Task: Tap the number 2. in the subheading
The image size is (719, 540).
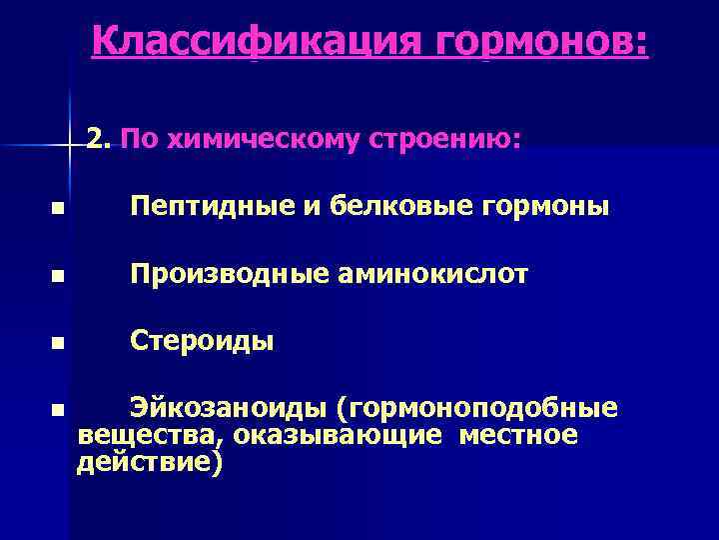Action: (100, 139)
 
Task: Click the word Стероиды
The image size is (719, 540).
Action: (203, 341)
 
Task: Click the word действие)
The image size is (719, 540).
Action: (150, 463)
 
